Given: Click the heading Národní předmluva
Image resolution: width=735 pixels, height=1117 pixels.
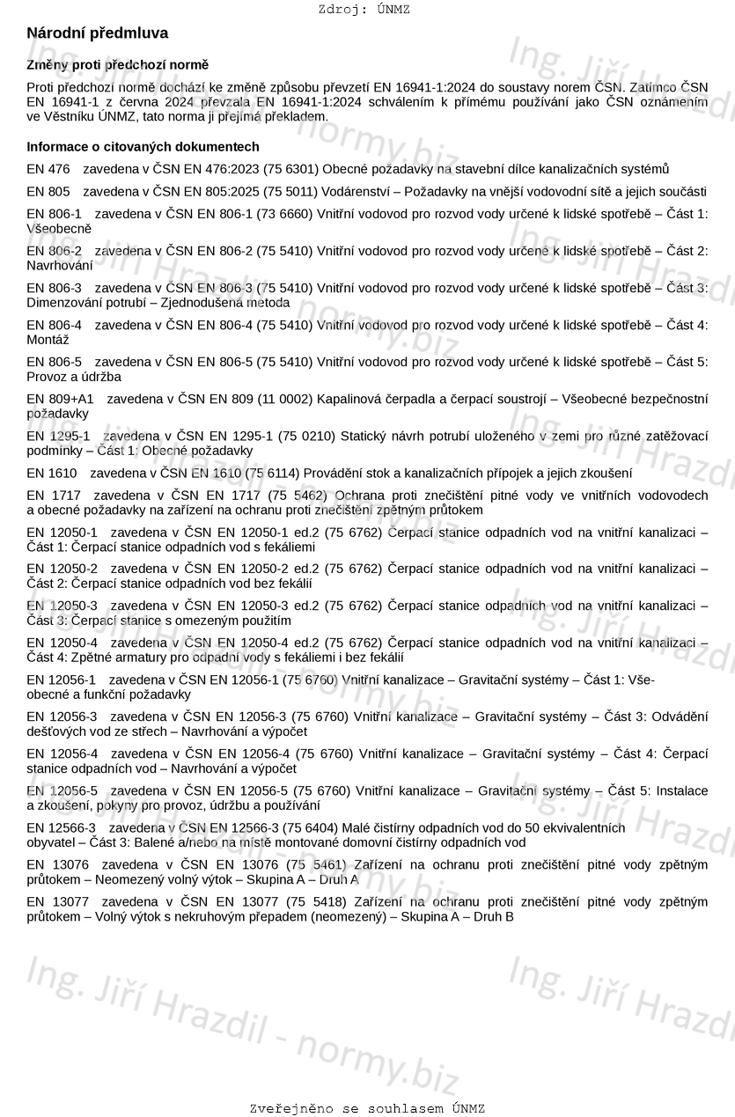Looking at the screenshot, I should click(x=98, y=33).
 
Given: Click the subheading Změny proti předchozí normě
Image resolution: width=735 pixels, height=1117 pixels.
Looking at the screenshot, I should click(x=118, y=65).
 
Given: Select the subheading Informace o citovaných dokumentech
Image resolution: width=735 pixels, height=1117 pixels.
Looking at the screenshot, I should click(x=143, y=147).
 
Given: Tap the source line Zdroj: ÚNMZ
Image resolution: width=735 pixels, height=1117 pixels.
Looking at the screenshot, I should click(x=364, y=10).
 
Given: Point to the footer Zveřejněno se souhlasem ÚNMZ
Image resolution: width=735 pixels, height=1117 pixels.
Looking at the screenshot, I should click(x=367, y=1108).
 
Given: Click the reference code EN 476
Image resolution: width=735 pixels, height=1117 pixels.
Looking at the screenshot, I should click(x=48, y=169).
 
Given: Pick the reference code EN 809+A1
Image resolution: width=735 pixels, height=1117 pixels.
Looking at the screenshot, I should click(x=60, y=400).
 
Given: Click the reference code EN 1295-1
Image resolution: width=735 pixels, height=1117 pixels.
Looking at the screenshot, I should click(x=58, y=437).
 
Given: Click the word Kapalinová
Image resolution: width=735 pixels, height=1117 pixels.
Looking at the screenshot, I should click(x=347, y=400).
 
